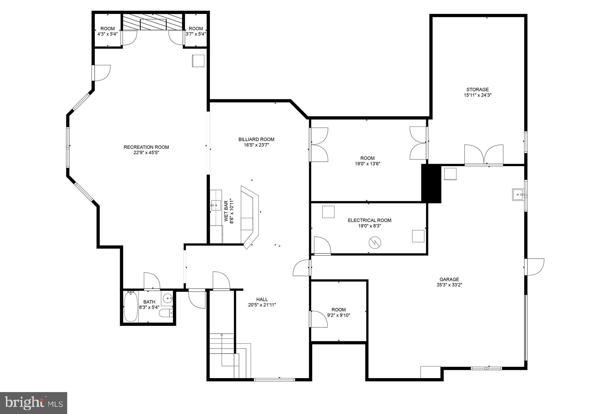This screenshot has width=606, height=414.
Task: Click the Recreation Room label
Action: coord(146,147)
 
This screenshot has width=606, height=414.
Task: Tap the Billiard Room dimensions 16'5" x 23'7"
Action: coord(256,145)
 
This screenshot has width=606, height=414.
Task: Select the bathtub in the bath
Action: coord(130,306)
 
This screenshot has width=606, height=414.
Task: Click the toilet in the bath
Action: coord(166,313)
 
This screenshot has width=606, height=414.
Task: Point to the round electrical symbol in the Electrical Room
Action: coord(375,243)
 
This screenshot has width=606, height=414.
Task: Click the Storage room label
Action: coord(478,89)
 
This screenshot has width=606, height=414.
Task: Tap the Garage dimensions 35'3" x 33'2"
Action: coord(449,285)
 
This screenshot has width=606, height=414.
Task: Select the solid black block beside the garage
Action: coord(431,183)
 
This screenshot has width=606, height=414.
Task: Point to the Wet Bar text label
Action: coord(229,211)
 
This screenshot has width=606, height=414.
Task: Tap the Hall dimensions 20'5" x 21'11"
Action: coord(262,305)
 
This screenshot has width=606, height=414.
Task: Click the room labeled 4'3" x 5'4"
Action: coord(107,31)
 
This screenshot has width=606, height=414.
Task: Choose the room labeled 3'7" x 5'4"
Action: coord(196,31)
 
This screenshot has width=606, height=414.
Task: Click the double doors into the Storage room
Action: coord(483,155)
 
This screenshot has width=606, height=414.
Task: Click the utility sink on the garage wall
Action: coord(518,195)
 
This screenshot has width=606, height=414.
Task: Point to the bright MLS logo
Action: coord(33,403)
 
